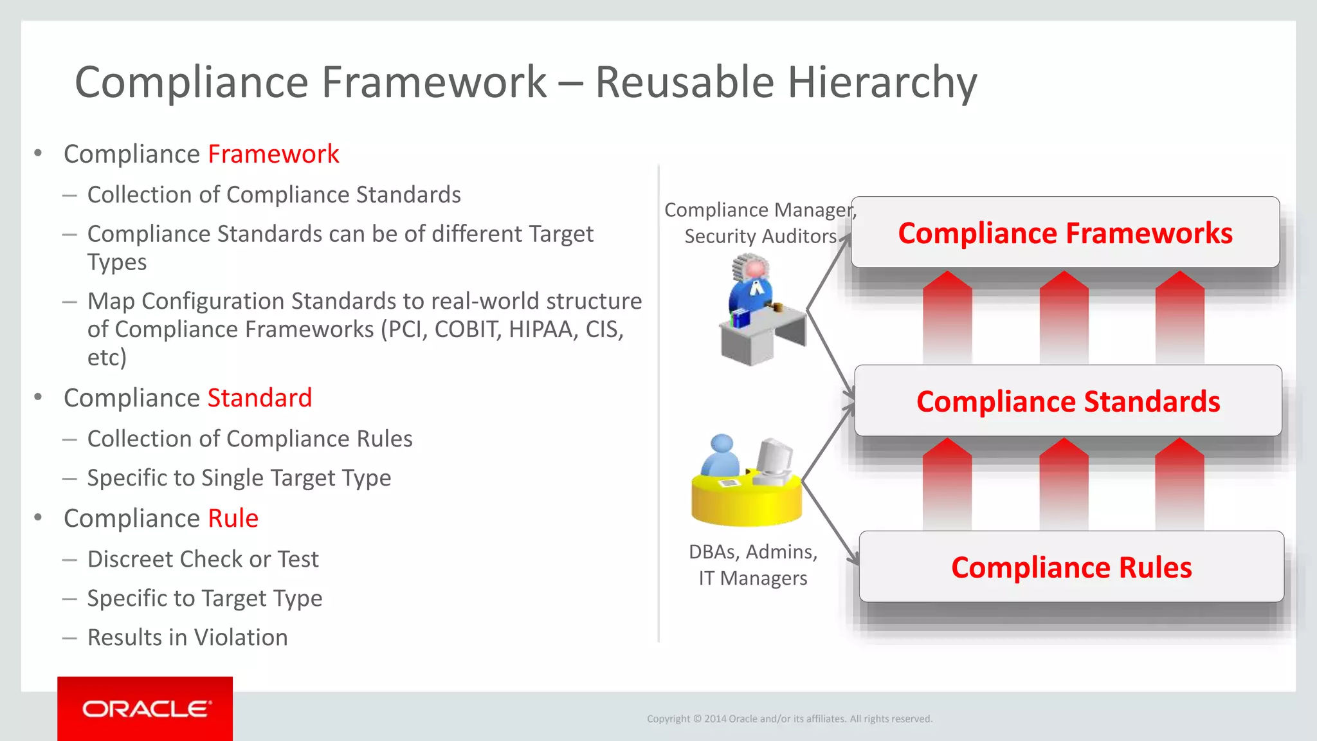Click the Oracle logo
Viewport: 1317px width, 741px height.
point(145,708)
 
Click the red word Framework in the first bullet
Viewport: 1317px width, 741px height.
point(273,154)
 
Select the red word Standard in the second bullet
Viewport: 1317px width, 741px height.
point(260,398)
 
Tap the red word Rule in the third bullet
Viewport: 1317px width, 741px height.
point(233,518)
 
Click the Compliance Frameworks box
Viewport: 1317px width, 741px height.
point(1065,233)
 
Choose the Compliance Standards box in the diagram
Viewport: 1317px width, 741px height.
point(1067,401)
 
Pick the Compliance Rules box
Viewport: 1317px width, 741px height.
point(1071,567)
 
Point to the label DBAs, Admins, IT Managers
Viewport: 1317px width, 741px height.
point(753,565)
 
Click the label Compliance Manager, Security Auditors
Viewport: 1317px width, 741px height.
point(760,223)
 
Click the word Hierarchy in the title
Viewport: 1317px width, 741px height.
point(882,82)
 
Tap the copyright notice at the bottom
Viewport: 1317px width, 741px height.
point(789,718)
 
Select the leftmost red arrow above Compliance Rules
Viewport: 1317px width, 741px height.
point(947,484)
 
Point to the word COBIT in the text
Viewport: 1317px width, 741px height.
point(468,329)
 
